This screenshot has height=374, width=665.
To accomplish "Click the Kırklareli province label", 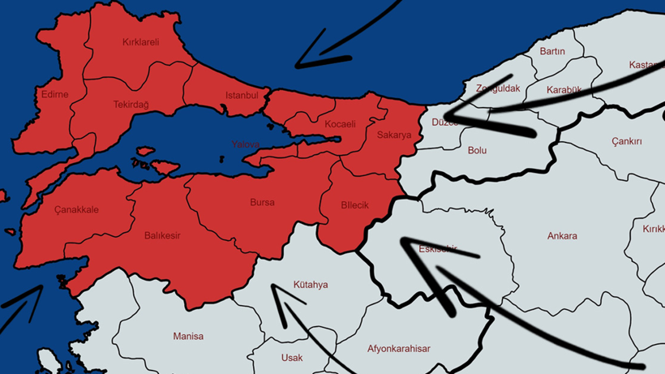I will point(140,42).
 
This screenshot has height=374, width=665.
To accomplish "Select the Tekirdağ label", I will point(131,104).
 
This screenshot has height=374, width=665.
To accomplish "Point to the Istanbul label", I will point(241,96).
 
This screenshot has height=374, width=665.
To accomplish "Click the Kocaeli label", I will point(340,124).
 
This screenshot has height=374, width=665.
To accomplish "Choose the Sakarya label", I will point(394,135).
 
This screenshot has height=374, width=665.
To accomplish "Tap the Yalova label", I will point(245,144).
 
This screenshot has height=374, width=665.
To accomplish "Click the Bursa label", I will point(262,202).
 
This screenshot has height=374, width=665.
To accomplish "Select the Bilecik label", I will point(354,205).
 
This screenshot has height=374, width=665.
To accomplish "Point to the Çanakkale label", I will point(76,209).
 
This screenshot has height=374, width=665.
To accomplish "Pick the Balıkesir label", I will point(162,235).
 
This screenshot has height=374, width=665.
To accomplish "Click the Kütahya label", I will point(311,285).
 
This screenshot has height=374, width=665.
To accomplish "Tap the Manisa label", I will point(188,336).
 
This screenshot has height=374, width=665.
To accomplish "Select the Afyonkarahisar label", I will point(398,349).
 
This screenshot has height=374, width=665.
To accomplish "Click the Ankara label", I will point(562,236).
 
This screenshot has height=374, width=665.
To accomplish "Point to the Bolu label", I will point(478,150).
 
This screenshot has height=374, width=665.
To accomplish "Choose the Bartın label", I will point(552,51).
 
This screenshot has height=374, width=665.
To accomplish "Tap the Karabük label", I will point(564,89).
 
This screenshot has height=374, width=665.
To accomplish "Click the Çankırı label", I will point(627,141).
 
